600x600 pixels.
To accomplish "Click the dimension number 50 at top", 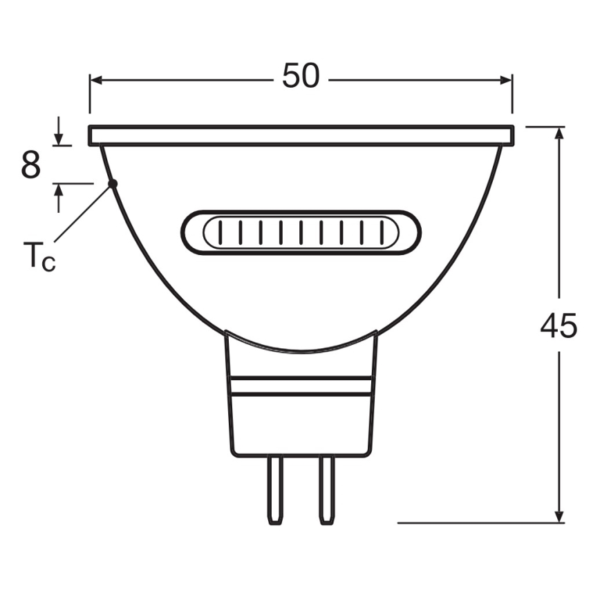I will [301, 76].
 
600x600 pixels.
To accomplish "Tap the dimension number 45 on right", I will [558, 325].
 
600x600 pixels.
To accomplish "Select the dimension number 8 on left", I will [30, 165].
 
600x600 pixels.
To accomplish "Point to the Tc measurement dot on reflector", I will [113, 183].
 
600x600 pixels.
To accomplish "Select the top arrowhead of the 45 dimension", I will [559, 133].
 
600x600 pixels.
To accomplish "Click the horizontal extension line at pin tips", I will [477, 523].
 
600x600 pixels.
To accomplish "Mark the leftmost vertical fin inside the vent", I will [219, 232].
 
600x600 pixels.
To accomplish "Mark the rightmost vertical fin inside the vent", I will [382, 232].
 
